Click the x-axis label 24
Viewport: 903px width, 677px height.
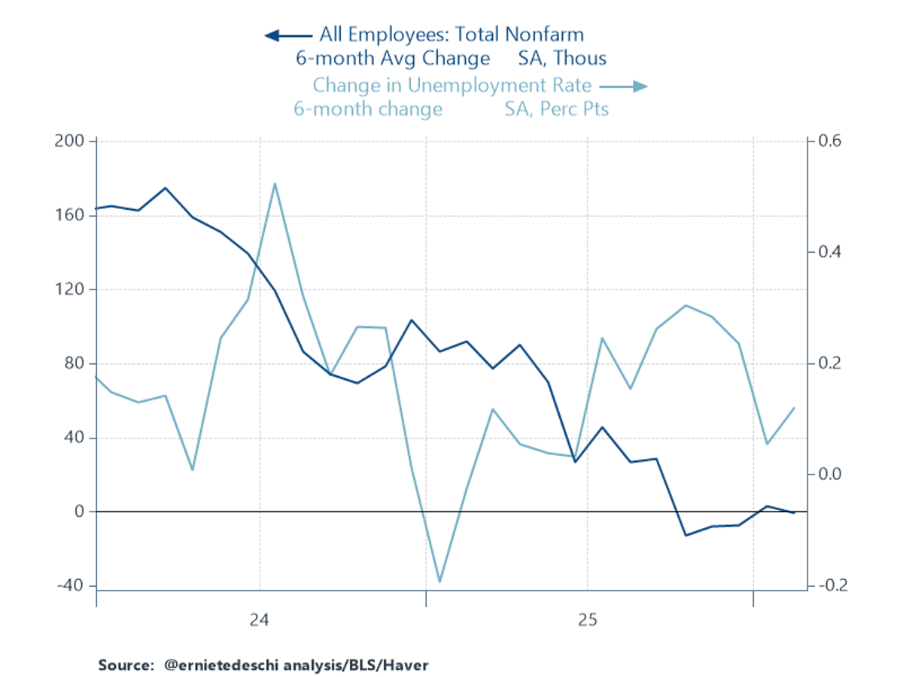tap(259, 621)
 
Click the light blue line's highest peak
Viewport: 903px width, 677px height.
tap(275, 183)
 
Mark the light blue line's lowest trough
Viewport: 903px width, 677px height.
tap(439, 581)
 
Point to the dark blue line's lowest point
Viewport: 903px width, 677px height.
tap(686, 536)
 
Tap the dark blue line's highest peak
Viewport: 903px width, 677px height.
tap(166, 188)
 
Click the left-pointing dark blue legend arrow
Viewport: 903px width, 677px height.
tap(287, 35)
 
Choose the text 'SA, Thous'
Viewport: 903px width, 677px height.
tap(562, 59)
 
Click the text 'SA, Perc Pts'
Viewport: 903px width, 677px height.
tap(556, 110)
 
